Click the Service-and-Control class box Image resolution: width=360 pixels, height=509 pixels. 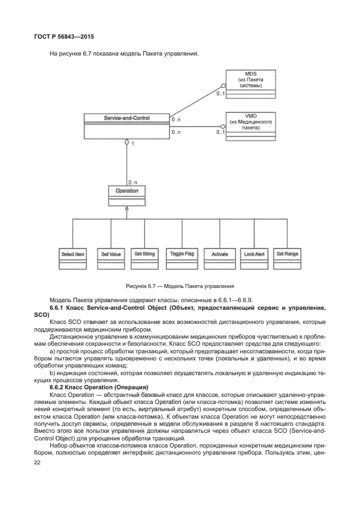click(x=126, y=126)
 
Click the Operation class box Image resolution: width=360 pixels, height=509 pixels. click(x=126, y=195)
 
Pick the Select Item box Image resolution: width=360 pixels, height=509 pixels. click(x=72, y=254)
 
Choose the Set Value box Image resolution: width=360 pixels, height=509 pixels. click(x=111, y=254)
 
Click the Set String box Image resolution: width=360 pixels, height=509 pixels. click(x=144, y=254)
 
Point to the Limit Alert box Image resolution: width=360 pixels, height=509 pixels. click(x=252, y=254)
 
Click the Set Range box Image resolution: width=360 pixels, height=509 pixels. click(x=287, y=254)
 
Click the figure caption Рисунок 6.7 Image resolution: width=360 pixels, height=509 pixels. click(x=180, y=285)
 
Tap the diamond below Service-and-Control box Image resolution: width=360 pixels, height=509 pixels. click(x=126, y=143)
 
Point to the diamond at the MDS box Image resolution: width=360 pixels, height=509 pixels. click(x=222, y=86)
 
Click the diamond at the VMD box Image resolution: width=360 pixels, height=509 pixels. click(x=222, y=127)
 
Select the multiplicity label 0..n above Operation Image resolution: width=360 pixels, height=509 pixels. click(x=132, y=181)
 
